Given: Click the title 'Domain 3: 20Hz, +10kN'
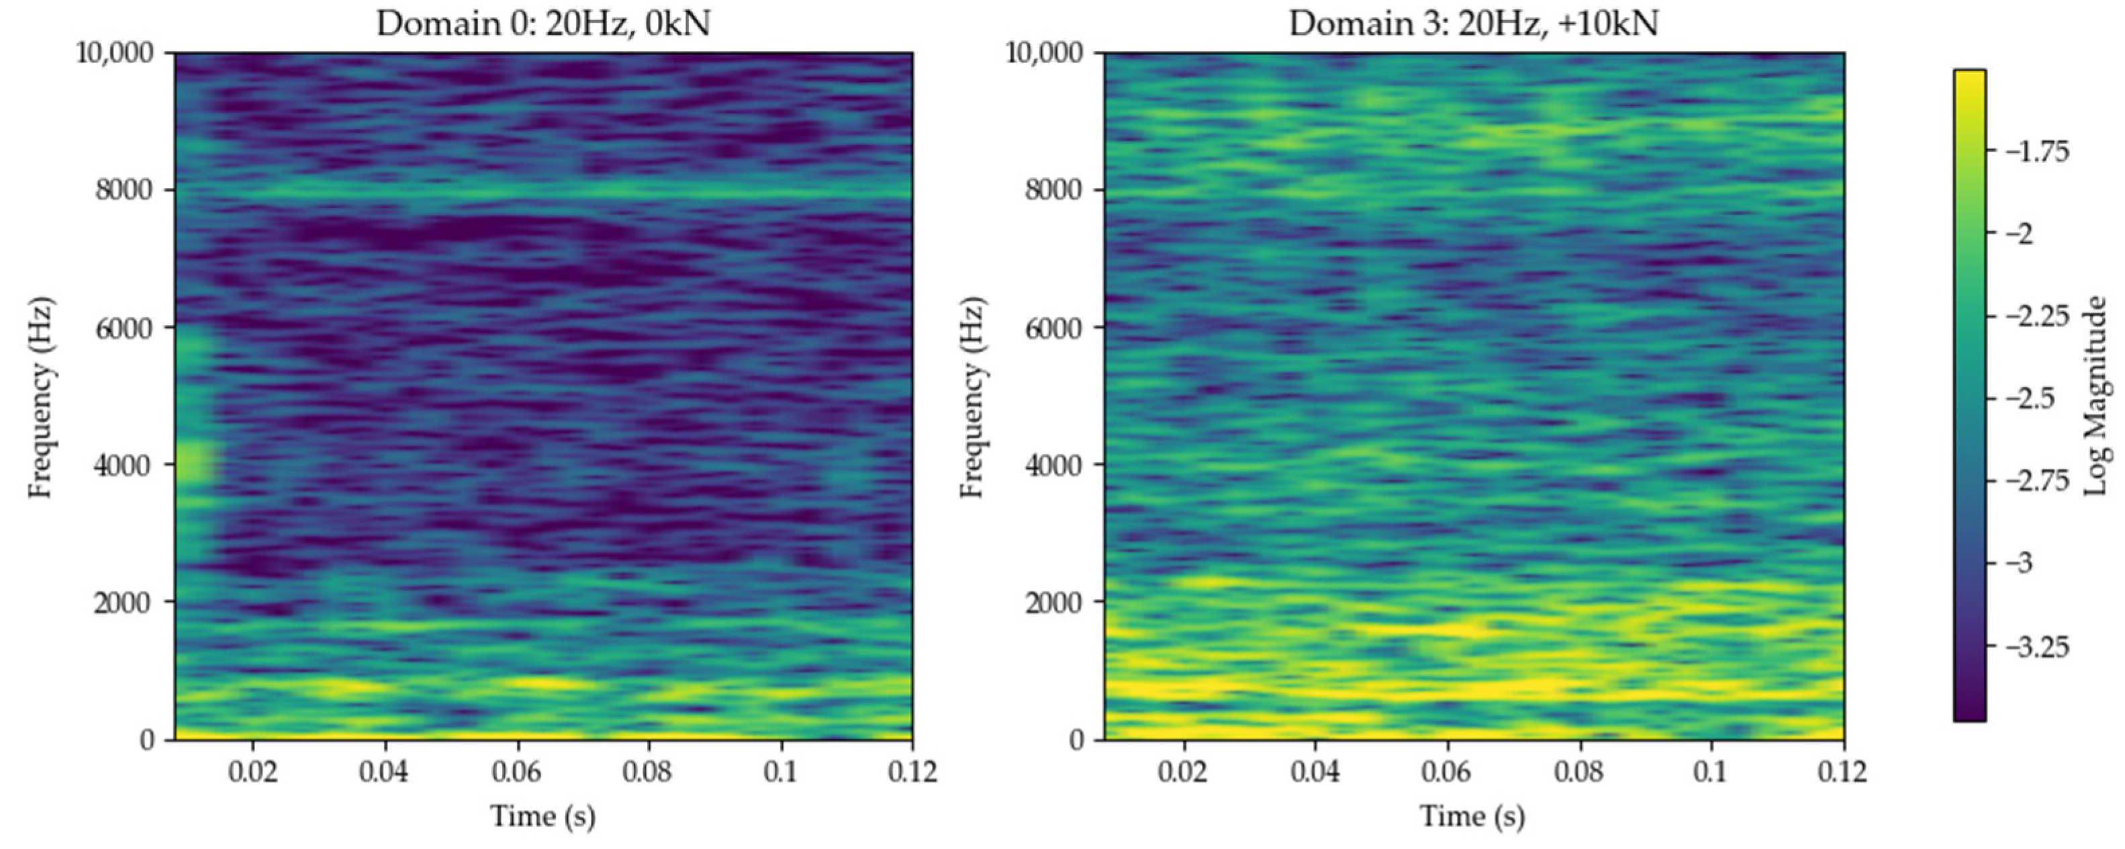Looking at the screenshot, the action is tap(1472, 24).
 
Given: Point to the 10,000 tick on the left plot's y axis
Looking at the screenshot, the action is tap(115, 54).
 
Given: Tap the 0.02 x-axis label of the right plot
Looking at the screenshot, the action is tap(1184, 772).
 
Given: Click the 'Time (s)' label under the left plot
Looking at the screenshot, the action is tap(542, 817).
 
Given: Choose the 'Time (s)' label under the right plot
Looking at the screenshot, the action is tap(1472, 817).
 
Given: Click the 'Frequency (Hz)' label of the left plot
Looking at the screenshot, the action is tap(41, 396).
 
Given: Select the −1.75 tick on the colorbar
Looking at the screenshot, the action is tap(2034, 152).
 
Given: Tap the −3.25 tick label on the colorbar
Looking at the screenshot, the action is tap(2034, 646).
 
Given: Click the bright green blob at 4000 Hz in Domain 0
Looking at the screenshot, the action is tap(195, 462).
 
